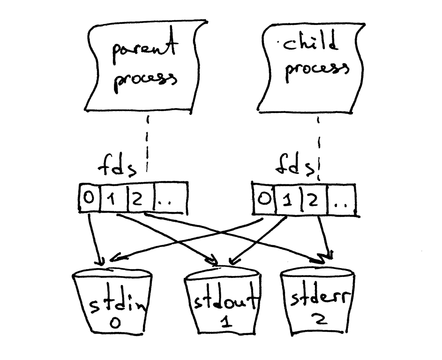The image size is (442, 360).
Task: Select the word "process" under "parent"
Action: pyautogui.click(x=147, y=80)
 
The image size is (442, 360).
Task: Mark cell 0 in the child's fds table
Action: pyautogui.click(x=264, y=199)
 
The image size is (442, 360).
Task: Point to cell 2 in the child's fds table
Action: pyautogui.click(x=312, y=200)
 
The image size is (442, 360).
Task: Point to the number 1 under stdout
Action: pyautogui.click(x=222, y=324)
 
